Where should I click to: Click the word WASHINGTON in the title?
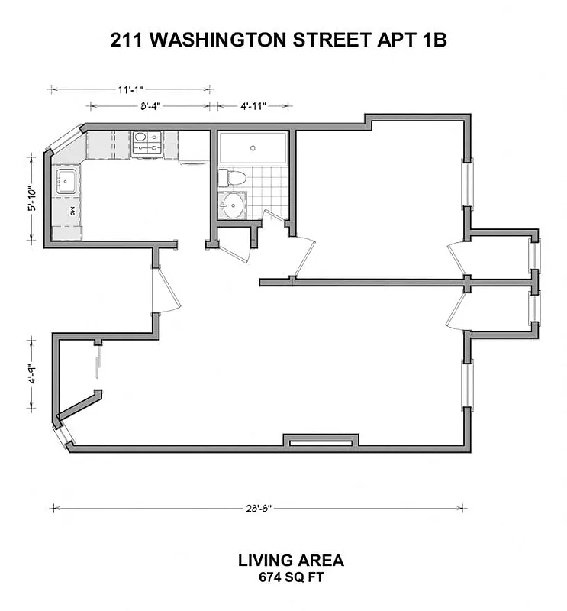220,40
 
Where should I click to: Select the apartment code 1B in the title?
430,40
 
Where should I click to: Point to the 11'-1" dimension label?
130,89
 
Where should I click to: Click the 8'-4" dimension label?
150,106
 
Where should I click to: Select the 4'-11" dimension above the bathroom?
253,106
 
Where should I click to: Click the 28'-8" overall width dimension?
259,508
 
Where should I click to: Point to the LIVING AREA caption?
291,561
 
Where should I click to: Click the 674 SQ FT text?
291,577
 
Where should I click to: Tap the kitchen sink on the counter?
66,181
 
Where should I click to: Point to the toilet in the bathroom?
233,179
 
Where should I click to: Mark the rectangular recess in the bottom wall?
319,441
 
